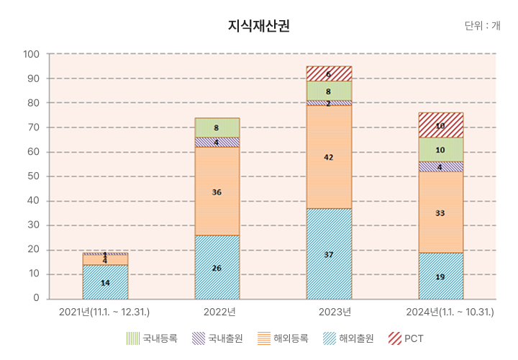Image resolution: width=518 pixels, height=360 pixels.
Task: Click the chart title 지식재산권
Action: coord(259,26)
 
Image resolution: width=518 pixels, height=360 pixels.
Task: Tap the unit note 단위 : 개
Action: coord(482,26)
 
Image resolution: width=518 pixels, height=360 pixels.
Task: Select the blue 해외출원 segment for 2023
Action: coord(329,253)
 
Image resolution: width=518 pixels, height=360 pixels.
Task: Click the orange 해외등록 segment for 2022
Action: coord(217,191)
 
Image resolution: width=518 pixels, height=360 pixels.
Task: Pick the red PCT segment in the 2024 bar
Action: coord(440,125)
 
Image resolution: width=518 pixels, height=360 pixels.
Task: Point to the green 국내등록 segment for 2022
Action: coord(217,127)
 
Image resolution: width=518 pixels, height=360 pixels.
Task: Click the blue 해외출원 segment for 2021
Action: coord(105,282)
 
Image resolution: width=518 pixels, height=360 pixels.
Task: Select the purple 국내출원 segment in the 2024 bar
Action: coord(440,166)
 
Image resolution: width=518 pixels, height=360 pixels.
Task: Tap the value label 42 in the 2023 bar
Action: coord(329,157)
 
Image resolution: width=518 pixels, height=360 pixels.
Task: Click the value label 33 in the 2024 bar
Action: coord(440,213)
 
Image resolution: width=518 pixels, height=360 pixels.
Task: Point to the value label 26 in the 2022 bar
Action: coord(217,268)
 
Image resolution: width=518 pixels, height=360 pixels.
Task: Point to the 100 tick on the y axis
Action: coord(31,54)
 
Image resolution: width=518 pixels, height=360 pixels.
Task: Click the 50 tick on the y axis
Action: coord(34,176)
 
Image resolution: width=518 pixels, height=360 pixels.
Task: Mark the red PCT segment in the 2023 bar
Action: coord(329,73)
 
